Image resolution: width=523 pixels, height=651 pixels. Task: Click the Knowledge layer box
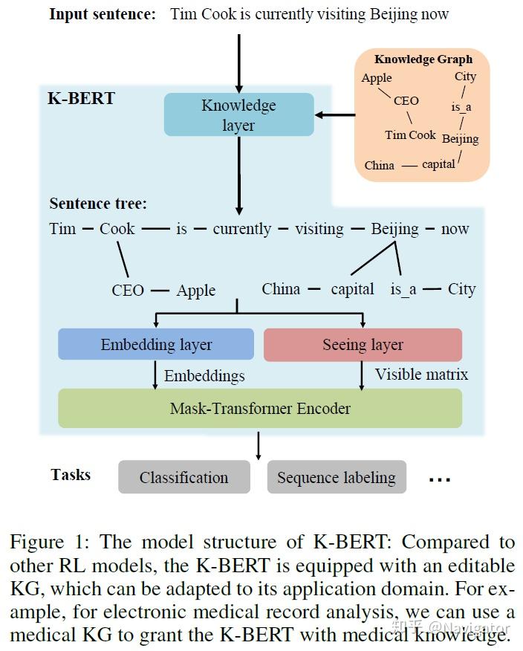(238, 114)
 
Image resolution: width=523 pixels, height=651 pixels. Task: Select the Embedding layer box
(156, 344)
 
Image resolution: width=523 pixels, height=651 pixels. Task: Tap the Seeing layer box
(363, 345)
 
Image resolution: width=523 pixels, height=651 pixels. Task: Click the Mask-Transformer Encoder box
(260, 408)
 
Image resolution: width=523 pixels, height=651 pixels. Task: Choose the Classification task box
(184, 477)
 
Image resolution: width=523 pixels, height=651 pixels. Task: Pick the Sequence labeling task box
(337, 477)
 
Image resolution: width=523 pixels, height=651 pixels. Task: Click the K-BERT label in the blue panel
(82, 98)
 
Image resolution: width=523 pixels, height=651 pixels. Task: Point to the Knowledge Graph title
(423, 59)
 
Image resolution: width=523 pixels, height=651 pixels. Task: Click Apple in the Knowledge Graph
(377, 78)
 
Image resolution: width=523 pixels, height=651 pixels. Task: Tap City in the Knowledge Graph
(465, 77)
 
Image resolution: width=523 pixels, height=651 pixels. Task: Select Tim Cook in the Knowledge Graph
(410, 135)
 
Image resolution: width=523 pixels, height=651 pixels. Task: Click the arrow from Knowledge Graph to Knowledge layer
(335, 115)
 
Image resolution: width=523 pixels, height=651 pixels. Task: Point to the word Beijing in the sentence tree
(394, 229)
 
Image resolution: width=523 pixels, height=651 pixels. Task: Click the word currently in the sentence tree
(242, 229)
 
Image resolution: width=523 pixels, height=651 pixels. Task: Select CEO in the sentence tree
(128, 291)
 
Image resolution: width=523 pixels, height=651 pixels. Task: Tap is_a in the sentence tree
(403, 289)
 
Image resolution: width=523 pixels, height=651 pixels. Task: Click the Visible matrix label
(421, 375)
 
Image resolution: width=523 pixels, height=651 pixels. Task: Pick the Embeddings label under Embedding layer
(204, 376)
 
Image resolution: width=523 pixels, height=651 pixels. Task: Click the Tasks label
(71, 475)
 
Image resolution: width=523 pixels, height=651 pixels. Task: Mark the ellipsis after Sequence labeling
(440, 479)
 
